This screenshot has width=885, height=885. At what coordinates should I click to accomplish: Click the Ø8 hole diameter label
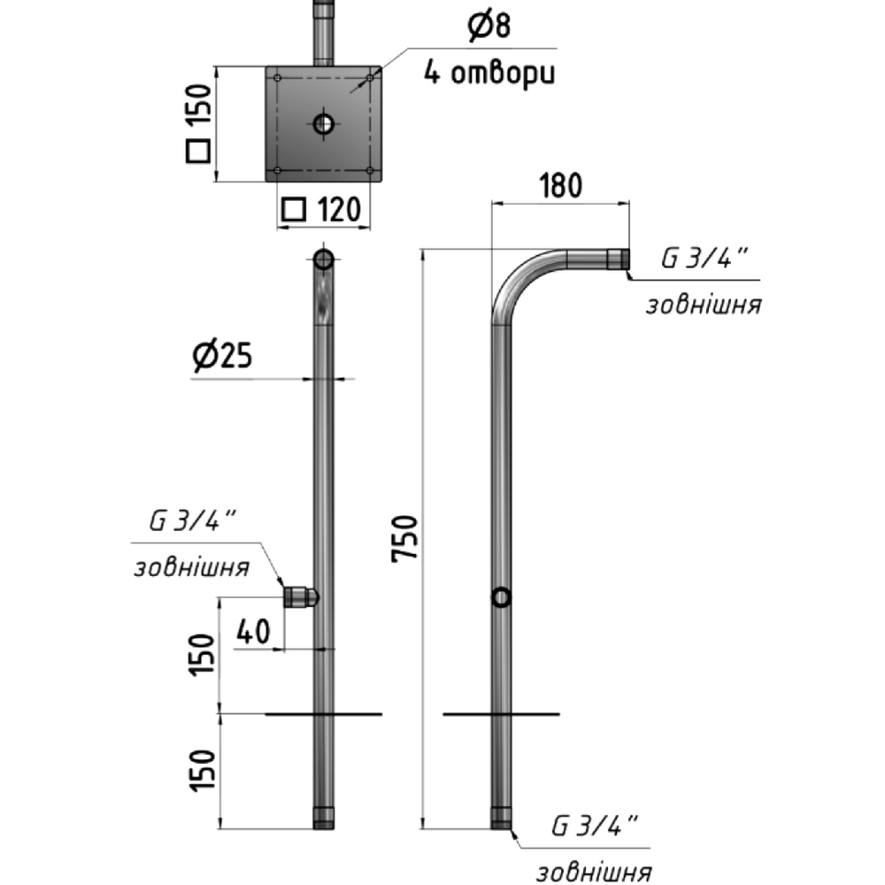(x=489, y=27)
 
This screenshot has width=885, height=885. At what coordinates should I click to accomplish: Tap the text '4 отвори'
(x=489, y=73)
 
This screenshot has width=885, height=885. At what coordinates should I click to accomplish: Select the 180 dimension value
(x=560, y=186)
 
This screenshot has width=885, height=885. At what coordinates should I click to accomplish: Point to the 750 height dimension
(x=404, y=538)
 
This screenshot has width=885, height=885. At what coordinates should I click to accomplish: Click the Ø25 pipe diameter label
(x=222, y=356)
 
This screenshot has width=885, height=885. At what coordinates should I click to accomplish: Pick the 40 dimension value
(x=253, y=631)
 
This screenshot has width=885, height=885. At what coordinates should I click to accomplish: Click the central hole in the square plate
(x=324, y=124)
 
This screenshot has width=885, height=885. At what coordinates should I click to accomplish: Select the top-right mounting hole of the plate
(x=370, y=77)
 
